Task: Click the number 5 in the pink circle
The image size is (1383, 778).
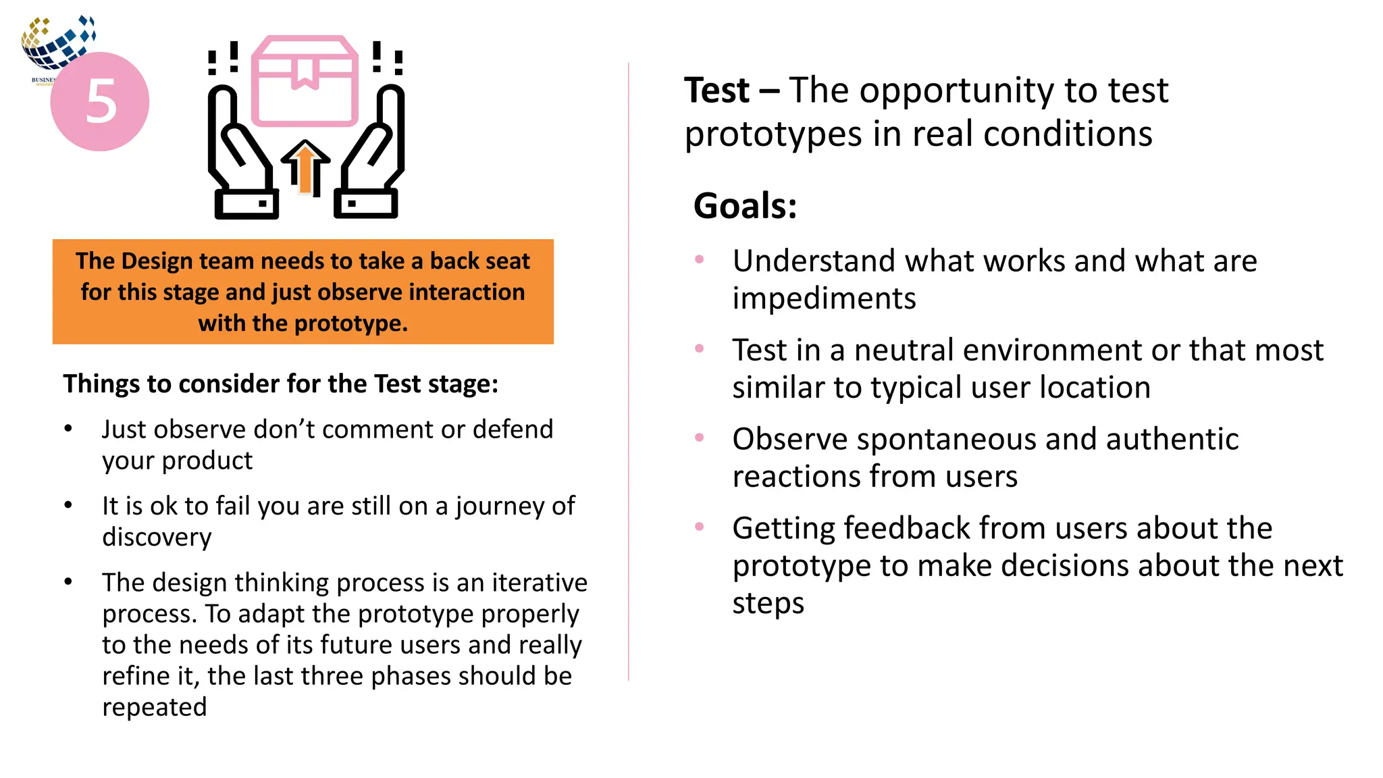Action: tap(101, 101)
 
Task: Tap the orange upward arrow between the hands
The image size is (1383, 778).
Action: tap(305, 169)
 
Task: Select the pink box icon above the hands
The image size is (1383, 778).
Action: tap(305, 81)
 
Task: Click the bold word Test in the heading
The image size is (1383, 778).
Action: tap(716, 90)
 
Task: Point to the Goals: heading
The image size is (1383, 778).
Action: tap(745, 206)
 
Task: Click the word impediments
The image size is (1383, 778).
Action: tap(824, 299)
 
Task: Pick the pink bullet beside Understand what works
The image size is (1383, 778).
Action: tap(700, 259)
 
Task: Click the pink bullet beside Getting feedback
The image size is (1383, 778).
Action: tap(700, 527)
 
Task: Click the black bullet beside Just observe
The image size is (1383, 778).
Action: tap(68, 429)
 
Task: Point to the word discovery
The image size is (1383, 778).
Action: tap(157, 538)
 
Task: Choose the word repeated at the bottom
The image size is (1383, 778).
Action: tap(154, 707)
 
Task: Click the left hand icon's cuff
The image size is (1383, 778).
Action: tap(246, 203)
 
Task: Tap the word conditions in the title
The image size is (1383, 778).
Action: tap(1067, 134)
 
